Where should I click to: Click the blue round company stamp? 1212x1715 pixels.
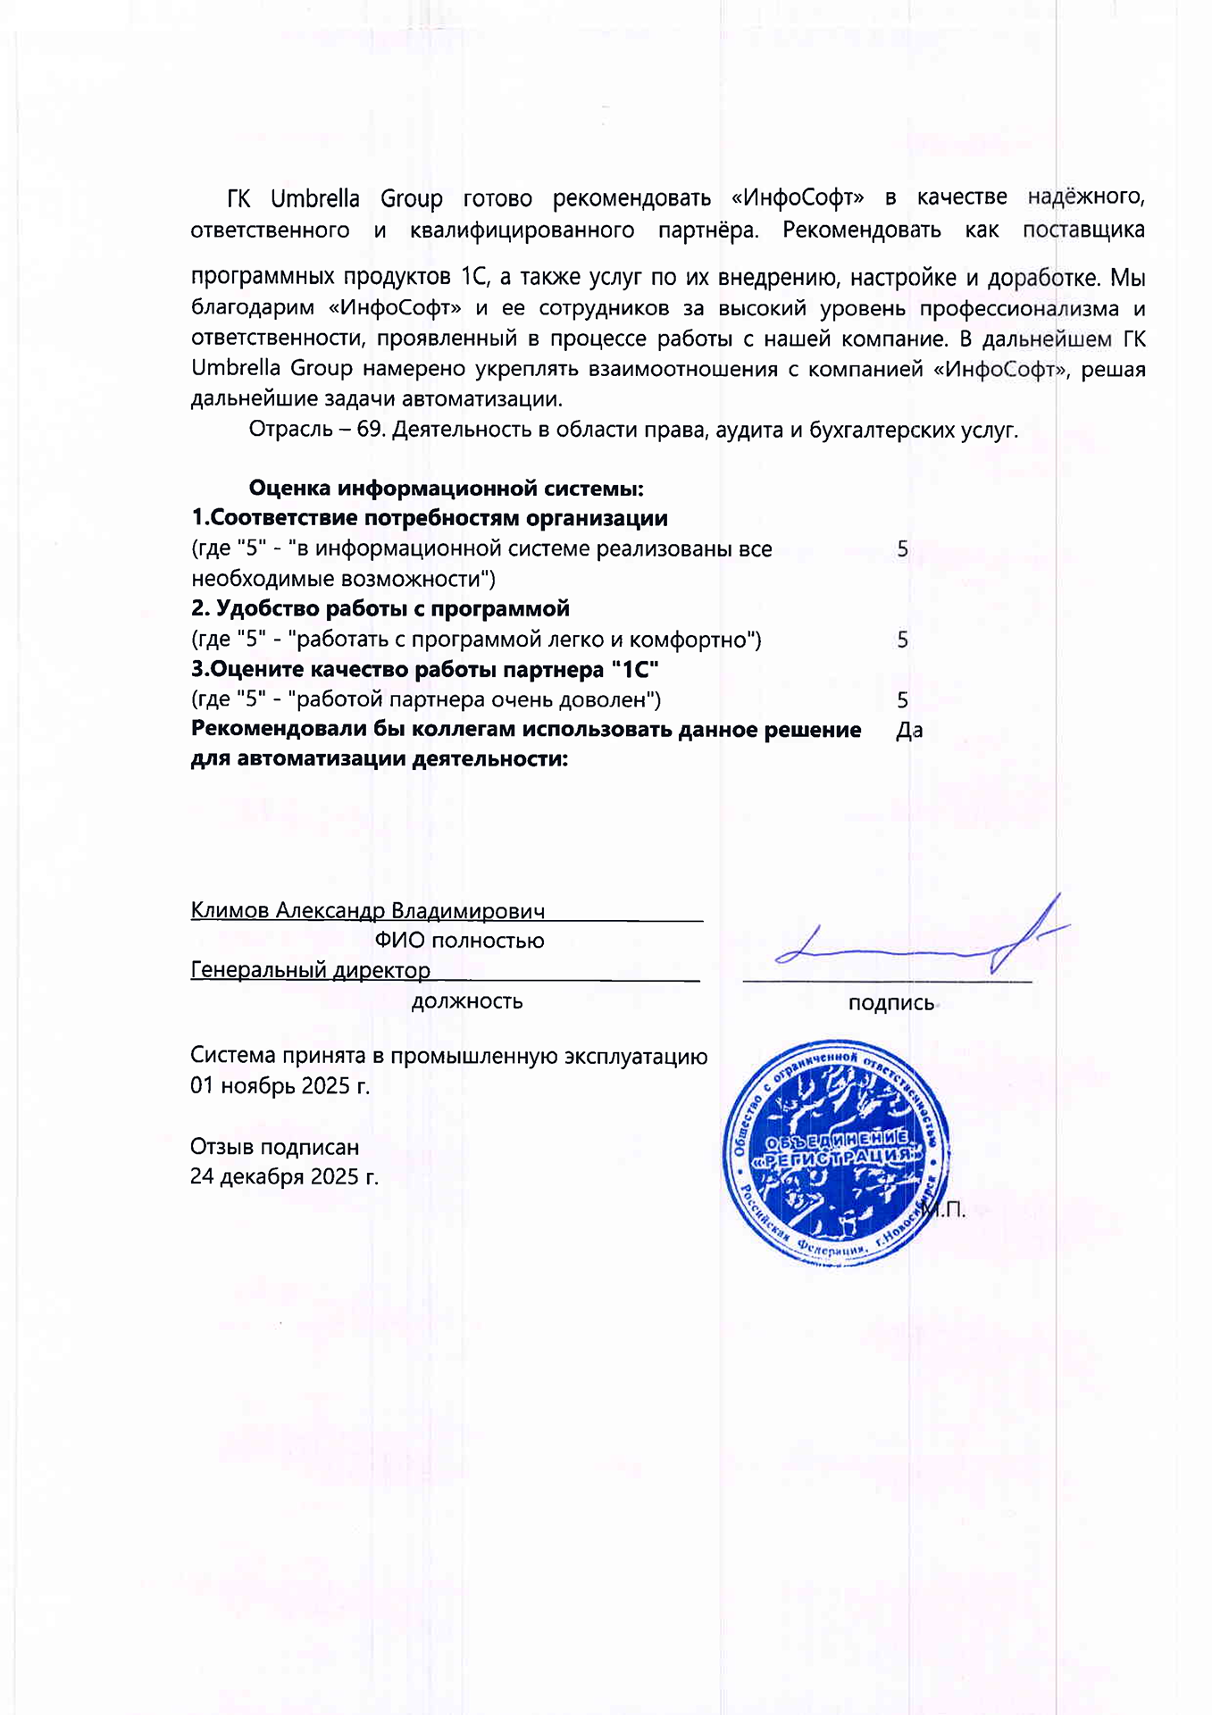pyautogui.click(x=836, y=1152)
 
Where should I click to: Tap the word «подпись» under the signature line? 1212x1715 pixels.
pyautogui.click(x=890, y=1003)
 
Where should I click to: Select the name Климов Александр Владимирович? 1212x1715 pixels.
pyautogui.click(x=367, y=910)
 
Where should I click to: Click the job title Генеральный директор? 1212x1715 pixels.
pyautogui.click(x=310, y=970)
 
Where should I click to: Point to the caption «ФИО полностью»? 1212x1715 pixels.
pyautogui.click(x=459, y=941)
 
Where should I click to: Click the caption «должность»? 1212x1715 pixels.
pyautogui.click(x=466, y=1001)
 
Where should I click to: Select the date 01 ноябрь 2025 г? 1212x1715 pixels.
pyautogui.click(x=280, y=1086)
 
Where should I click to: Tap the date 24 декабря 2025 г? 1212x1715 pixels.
pyautogui.click(x=284, y=1176)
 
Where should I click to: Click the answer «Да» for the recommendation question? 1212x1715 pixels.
pyautogui.click(x=908, y=731)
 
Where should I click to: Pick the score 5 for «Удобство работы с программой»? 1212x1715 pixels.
pyautogui.click(x=903, y=640)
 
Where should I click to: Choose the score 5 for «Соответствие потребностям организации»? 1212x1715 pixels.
pyautogui.click(x=903, y=549)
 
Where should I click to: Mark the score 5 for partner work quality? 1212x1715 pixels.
pyautogui.click(x=903, y=700)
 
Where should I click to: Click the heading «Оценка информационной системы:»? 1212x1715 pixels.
pyautogui.click(x=446, y=489)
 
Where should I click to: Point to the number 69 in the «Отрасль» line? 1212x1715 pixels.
pyautogui.click(x=369, y=430)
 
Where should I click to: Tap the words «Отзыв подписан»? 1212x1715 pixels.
pyautogui.click(x=274, y=1147)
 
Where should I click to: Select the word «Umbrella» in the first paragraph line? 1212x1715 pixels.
pyautogui.click(x=315, y=198)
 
